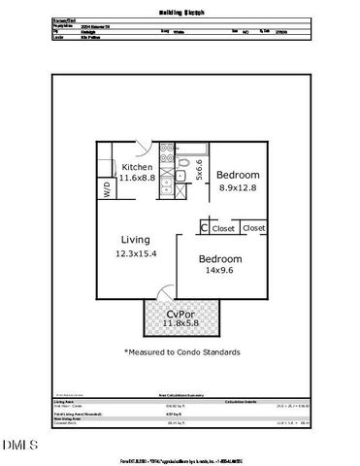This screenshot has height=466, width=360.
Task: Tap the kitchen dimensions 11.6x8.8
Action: coord(135,179)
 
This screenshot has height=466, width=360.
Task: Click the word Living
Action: coord(135,240)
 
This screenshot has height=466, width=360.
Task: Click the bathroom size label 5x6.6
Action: coord(199,170)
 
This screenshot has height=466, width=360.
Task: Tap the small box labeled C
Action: coord(204,228)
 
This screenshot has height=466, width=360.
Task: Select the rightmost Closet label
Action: coord(254,228)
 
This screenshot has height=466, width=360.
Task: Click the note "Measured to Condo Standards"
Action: coord(182,351)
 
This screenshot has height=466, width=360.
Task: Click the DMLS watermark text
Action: coord(18,446)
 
